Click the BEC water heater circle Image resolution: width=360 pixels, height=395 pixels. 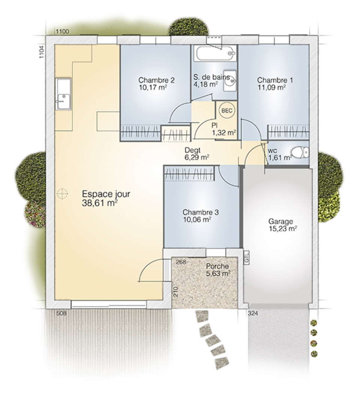click(x=227, y=110)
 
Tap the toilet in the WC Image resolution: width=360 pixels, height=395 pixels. click(x=300, y=152)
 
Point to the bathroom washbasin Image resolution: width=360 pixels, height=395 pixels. click(x=230, y=81)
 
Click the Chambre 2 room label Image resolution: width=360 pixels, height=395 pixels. click(x=156, y=80)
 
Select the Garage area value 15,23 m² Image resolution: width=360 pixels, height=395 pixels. click(x=282, y=228)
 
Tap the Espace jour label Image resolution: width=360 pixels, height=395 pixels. click(x=106, y=194)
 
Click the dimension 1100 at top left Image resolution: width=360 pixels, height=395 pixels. click(x=62, y=32)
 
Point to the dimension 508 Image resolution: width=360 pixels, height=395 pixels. click(x=61, y=313)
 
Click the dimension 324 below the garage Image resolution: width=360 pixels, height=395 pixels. click(x=253, y=314)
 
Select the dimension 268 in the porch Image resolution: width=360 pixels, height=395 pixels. click(x=181, y=262)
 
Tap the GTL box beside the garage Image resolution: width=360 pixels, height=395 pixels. click(x=246, y=257)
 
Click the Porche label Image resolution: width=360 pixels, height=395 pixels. click(x=217, y=266)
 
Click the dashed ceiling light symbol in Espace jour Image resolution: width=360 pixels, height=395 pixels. click(x=62, y=194)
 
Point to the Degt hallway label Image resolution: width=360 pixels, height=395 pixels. click(x=193, y=150)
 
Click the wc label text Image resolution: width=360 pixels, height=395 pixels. click(x=272, y=151)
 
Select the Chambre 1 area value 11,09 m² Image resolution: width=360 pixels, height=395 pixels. click(x=271, y=87)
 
